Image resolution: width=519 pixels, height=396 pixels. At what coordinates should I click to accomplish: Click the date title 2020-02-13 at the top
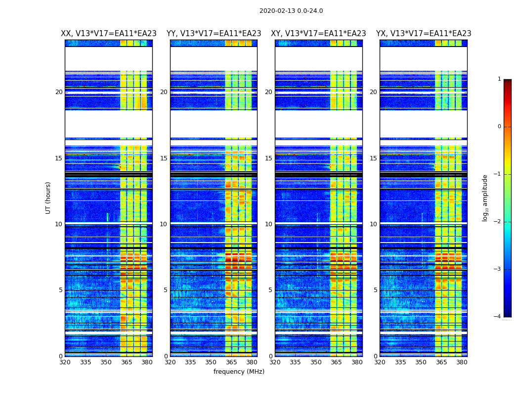tap(291, 11)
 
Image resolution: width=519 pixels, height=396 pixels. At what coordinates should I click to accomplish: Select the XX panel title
tap(109, 34)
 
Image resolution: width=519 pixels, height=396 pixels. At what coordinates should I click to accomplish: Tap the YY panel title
tap(214, 34)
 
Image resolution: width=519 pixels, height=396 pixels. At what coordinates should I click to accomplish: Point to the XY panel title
tap(318, 34)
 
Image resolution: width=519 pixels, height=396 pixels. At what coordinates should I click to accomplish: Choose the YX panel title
tap(424, 34)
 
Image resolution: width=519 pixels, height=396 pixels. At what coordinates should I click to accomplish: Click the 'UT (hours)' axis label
tap(48, 198)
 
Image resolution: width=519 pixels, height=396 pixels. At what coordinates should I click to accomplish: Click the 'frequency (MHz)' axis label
tap(239, 372)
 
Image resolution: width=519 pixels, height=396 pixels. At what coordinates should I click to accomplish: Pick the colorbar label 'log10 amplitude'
tap(485, 198)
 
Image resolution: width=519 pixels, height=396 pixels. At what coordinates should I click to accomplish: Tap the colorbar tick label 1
tap(499, 79)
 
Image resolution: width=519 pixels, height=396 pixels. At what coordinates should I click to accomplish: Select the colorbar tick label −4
tap(498, 317)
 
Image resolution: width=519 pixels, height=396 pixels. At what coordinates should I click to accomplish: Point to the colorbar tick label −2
tap(498, 222)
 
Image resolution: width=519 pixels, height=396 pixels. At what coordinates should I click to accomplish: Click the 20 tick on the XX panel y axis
tap(59, 92)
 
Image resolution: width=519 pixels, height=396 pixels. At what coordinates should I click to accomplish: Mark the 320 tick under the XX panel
tap(65, 362)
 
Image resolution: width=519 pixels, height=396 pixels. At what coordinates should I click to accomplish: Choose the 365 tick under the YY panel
tap(231, 362)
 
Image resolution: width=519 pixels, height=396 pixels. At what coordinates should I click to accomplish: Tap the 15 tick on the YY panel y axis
tap(164, 158)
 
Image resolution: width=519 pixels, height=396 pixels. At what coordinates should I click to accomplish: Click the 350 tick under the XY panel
tap(316, 362)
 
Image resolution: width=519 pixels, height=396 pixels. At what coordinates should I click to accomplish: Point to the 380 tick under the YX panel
tap(462, 362)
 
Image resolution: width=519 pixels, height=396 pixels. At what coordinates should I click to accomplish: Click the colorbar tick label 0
tap(499, 127)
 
